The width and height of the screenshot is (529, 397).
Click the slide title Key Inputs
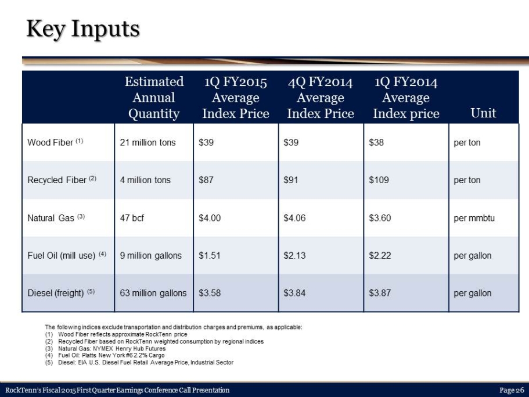(x=83, y=29)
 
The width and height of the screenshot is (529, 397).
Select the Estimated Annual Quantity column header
(x=154, y=98)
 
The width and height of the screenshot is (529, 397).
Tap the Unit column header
(x=483, y=113)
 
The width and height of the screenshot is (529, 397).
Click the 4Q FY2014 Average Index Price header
(x=321, y=98)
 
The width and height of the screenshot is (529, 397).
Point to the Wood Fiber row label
(x=55, y=142)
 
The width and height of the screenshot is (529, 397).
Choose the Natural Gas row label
(x=56, y=218)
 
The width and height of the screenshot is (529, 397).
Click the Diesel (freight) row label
(x=61, y=293)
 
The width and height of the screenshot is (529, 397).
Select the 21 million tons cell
(x=147, y=142)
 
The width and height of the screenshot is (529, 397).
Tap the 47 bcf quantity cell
(x=132, y=218)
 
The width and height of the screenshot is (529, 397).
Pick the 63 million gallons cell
(x=153, y=293)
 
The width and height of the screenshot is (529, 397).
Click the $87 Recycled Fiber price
(x=206, y=180)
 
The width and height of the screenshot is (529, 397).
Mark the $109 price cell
(x=379, y=180)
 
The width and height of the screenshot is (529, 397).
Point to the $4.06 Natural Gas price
(x=294, y=218)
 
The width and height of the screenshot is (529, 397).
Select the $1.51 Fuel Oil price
(x=210, y=256)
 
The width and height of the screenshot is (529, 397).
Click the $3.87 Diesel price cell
(x=380, y=293)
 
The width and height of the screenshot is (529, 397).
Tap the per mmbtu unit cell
(x=474, y=218)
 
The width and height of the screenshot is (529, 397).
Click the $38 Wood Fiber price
(x=376, y=142)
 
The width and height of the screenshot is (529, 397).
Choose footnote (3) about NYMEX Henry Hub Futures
(x=105, y=348)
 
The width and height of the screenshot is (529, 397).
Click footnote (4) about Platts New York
(x=105, y=355)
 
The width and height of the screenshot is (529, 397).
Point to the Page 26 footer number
(x=512, y=390)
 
